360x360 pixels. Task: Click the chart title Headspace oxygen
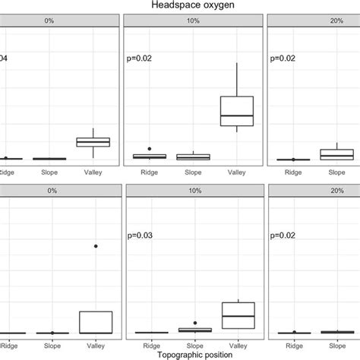(x=180, y=5)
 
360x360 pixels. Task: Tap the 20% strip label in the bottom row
(x=313, y=196)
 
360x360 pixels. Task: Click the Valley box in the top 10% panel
(x=236, y=111)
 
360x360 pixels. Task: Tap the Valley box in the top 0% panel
(x=93, y=142)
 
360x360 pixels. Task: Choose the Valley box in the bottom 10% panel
(x=236, y=315)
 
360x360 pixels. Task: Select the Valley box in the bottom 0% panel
(x=95, y=322)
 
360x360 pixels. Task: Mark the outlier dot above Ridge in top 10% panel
(x=150, y=149)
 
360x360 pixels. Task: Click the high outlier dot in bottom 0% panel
(x=95, y=246)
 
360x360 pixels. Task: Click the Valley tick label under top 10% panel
(x=236, y=172)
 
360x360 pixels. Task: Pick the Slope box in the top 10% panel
(x=193, y=156)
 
